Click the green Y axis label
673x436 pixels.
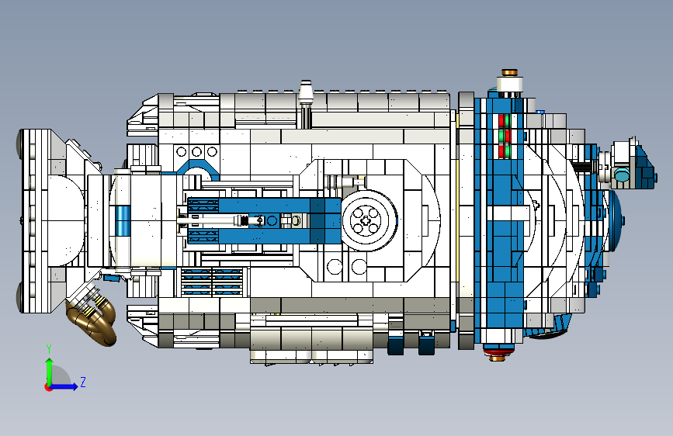(x=49, y=348)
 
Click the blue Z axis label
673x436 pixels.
(x=83, y=382)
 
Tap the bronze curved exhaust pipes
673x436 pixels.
(x=94, y=319)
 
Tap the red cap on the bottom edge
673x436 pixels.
(x=497, y=355)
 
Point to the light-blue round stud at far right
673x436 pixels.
(x=623, y=175)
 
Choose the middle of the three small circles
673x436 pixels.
(x=196, y=151)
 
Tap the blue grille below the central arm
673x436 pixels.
(x=211, y=282)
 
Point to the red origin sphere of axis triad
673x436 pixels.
(x=48, y=387)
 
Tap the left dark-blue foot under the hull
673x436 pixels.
(x=397, y=343)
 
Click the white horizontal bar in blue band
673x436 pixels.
(x=511, y=209)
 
